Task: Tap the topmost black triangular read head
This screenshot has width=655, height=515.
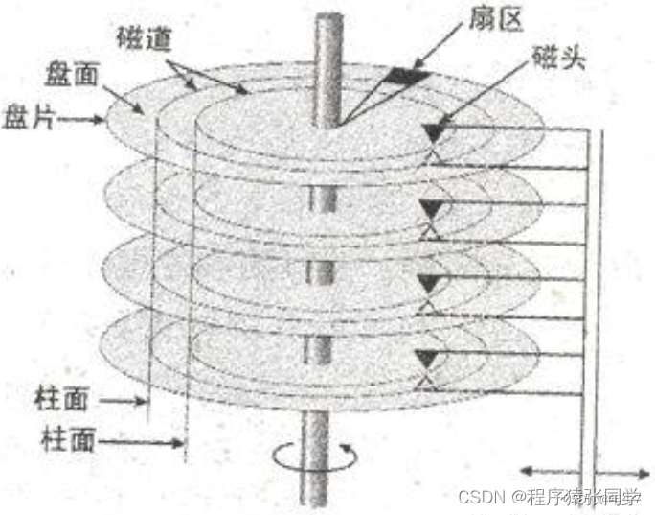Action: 438,129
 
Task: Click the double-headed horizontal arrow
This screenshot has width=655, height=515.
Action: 583,471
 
